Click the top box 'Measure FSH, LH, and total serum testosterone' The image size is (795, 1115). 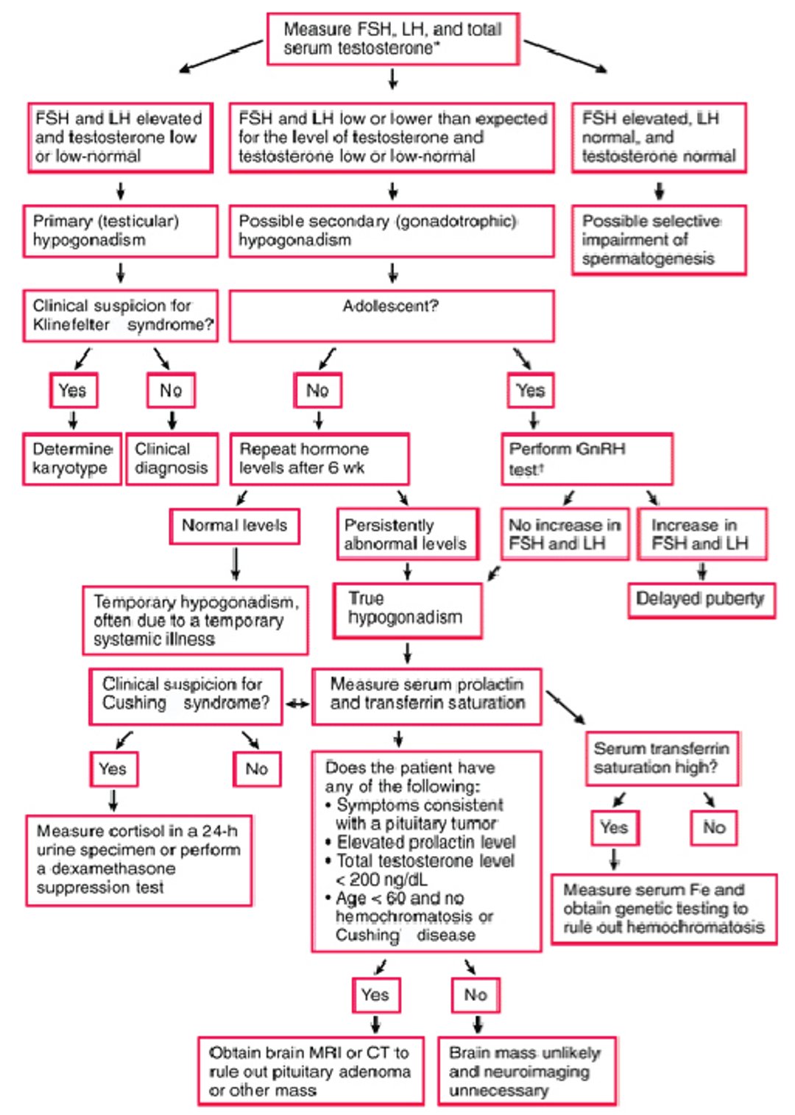392,39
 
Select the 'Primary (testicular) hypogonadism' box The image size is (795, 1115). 120,231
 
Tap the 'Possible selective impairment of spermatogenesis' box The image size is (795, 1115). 658,240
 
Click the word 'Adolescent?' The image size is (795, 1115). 390,306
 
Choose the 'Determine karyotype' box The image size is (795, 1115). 72,459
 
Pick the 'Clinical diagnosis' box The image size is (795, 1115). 172,459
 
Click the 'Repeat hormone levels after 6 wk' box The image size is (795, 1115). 319,459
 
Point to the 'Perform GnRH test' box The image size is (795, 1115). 586,459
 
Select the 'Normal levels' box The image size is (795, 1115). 234,526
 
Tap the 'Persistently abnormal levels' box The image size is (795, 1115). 406,534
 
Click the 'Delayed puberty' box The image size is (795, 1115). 700,599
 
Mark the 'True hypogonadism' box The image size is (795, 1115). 406,609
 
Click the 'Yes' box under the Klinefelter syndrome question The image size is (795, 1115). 73,390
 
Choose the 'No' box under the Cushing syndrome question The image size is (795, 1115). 256,769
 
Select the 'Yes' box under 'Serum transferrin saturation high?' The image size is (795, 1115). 614,827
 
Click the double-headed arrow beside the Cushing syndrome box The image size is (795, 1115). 297,704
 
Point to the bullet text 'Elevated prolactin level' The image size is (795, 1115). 425,842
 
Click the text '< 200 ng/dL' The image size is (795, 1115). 381,879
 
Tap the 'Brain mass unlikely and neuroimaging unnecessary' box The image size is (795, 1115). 526,1071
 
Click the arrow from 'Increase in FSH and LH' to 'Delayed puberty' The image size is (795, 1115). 702,572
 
